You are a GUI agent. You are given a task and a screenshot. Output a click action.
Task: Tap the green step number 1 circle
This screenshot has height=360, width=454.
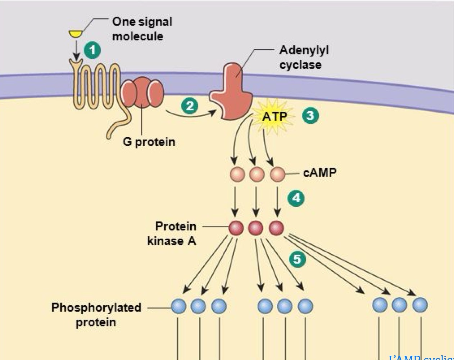pos(92,50)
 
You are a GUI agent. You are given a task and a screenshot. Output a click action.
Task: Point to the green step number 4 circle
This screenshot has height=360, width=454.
pos(296,198)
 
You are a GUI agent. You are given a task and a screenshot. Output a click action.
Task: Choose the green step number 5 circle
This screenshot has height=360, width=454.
pos(298,259)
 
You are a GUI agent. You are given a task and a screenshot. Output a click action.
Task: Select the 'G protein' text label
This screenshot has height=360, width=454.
pos(149,142)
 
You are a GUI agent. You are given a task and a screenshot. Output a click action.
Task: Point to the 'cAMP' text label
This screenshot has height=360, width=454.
pos(320,173)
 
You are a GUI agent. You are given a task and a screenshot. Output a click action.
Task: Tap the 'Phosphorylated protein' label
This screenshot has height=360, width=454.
pos(96,314)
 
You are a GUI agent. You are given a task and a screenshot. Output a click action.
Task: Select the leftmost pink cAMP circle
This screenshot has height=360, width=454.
pos(237,175)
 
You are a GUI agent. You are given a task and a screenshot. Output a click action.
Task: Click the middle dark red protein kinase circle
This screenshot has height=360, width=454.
pos(256,228)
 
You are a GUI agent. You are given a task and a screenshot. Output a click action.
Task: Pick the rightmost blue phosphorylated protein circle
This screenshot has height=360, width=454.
pos(420,305)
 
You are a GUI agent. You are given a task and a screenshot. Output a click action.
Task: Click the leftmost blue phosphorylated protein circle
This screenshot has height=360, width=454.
pos(178,306)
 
